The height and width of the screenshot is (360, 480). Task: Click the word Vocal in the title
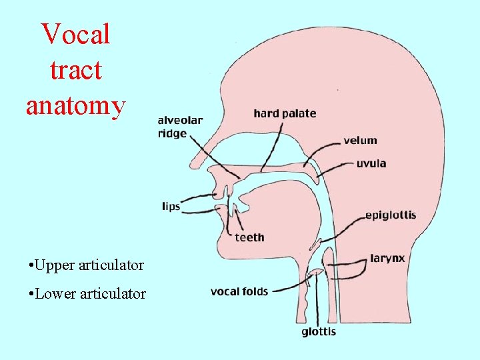point(75,34)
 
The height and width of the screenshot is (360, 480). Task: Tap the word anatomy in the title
point(75,105)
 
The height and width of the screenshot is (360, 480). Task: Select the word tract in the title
point(75,69)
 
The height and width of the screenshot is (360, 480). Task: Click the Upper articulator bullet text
point(86,265)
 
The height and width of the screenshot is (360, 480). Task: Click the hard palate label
point(285,113)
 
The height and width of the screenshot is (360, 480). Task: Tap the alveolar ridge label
point(180,127)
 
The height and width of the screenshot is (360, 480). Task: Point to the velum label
point(360,141)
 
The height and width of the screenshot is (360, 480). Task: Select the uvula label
point(371,163)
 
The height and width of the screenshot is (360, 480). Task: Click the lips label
point(171,206)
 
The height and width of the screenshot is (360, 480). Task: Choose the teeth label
point(249,237)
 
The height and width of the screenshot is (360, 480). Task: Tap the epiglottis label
point(391,215)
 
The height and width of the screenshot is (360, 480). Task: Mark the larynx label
point(387,258)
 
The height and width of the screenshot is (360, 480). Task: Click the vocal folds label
point(239,291)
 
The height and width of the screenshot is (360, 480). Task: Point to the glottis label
point(319,331)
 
